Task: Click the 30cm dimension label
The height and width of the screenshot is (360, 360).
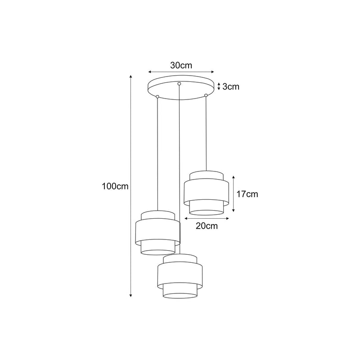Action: click(181, 65)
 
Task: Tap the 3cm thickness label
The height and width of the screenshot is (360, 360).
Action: click(230, 87)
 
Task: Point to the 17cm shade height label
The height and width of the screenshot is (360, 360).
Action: click(247, 194)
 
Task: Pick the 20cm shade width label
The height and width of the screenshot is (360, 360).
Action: click(207, 226)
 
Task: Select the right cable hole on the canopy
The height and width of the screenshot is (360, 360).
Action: click(206, 95)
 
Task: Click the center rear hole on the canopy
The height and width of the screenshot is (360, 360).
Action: click(179, 84)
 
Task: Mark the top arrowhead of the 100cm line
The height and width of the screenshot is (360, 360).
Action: click(130, 76)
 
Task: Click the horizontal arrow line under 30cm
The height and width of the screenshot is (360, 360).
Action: click(181, 72)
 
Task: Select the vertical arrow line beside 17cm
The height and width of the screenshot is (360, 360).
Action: click(233, 194)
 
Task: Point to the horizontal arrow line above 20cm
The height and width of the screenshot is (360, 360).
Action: click(207, 219)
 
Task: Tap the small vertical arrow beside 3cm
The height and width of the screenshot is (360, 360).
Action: click(219, 87)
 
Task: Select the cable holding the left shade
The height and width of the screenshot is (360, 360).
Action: click(157, 153)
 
